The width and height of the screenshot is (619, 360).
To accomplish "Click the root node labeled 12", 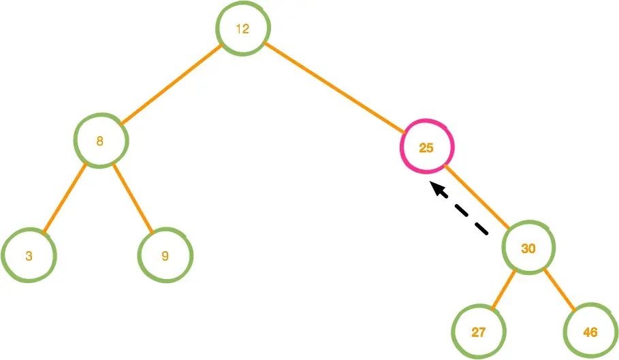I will point(243,29).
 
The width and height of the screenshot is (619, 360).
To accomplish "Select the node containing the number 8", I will point(101,142).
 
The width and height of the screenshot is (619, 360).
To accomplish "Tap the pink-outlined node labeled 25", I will point(427,147).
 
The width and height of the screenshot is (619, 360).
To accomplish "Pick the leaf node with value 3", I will point(29,257).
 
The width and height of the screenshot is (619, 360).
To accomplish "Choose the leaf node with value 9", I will point(165,257).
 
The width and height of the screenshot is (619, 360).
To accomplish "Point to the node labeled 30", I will point(528,248).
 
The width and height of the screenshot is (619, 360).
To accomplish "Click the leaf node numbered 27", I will point(479,332).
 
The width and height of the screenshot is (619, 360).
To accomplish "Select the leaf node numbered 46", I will point(590,332).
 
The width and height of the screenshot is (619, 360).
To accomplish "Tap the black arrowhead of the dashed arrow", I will point(437,189).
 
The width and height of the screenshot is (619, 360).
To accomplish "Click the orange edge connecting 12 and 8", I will point(172,84).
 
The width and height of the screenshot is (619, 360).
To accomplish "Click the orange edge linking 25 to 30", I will point(477,197).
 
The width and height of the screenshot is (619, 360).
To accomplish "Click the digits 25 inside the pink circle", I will point(426,148).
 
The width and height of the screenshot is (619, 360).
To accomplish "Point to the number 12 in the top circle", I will point(242,29).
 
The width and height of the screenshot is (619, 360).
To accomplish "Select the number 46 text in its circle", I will point(590,333).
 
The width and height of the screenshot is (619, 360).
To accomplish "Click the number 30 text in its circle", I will point(528,249).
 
